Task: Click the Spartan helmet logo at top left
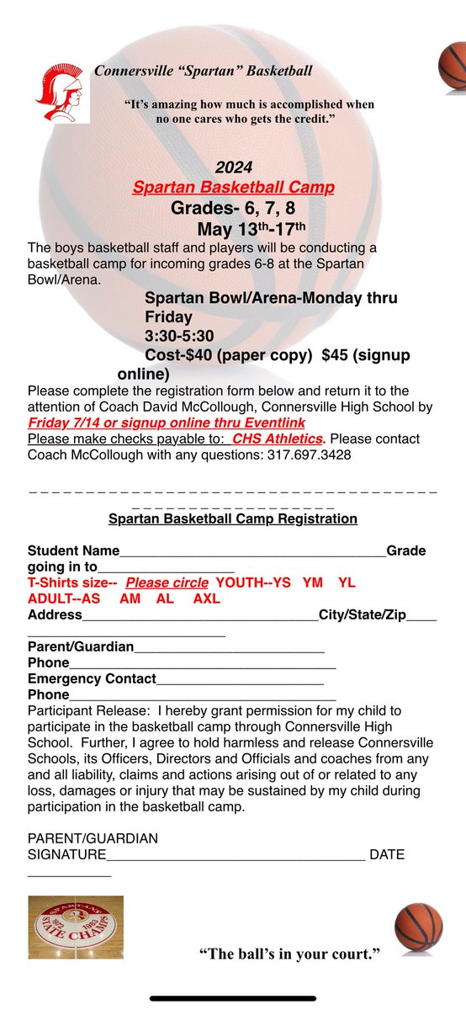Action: (x=62, y=93)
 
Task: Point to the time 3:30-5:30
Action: (x=180, y=336)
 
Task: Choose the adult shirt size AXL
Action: (x=206, y=598)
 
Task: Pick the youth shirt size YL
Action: (x=347, y=582)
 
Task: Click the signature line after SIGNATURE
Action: (x=236, y=857)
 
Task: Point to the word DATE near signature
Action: (x=387, y=854)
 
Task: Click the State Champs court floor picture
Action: (x=76, y=927)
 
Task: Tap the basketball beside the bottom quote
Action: (x=418, y=927)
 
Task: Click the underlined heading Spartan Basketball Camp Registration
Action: (x=233, y=519)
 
